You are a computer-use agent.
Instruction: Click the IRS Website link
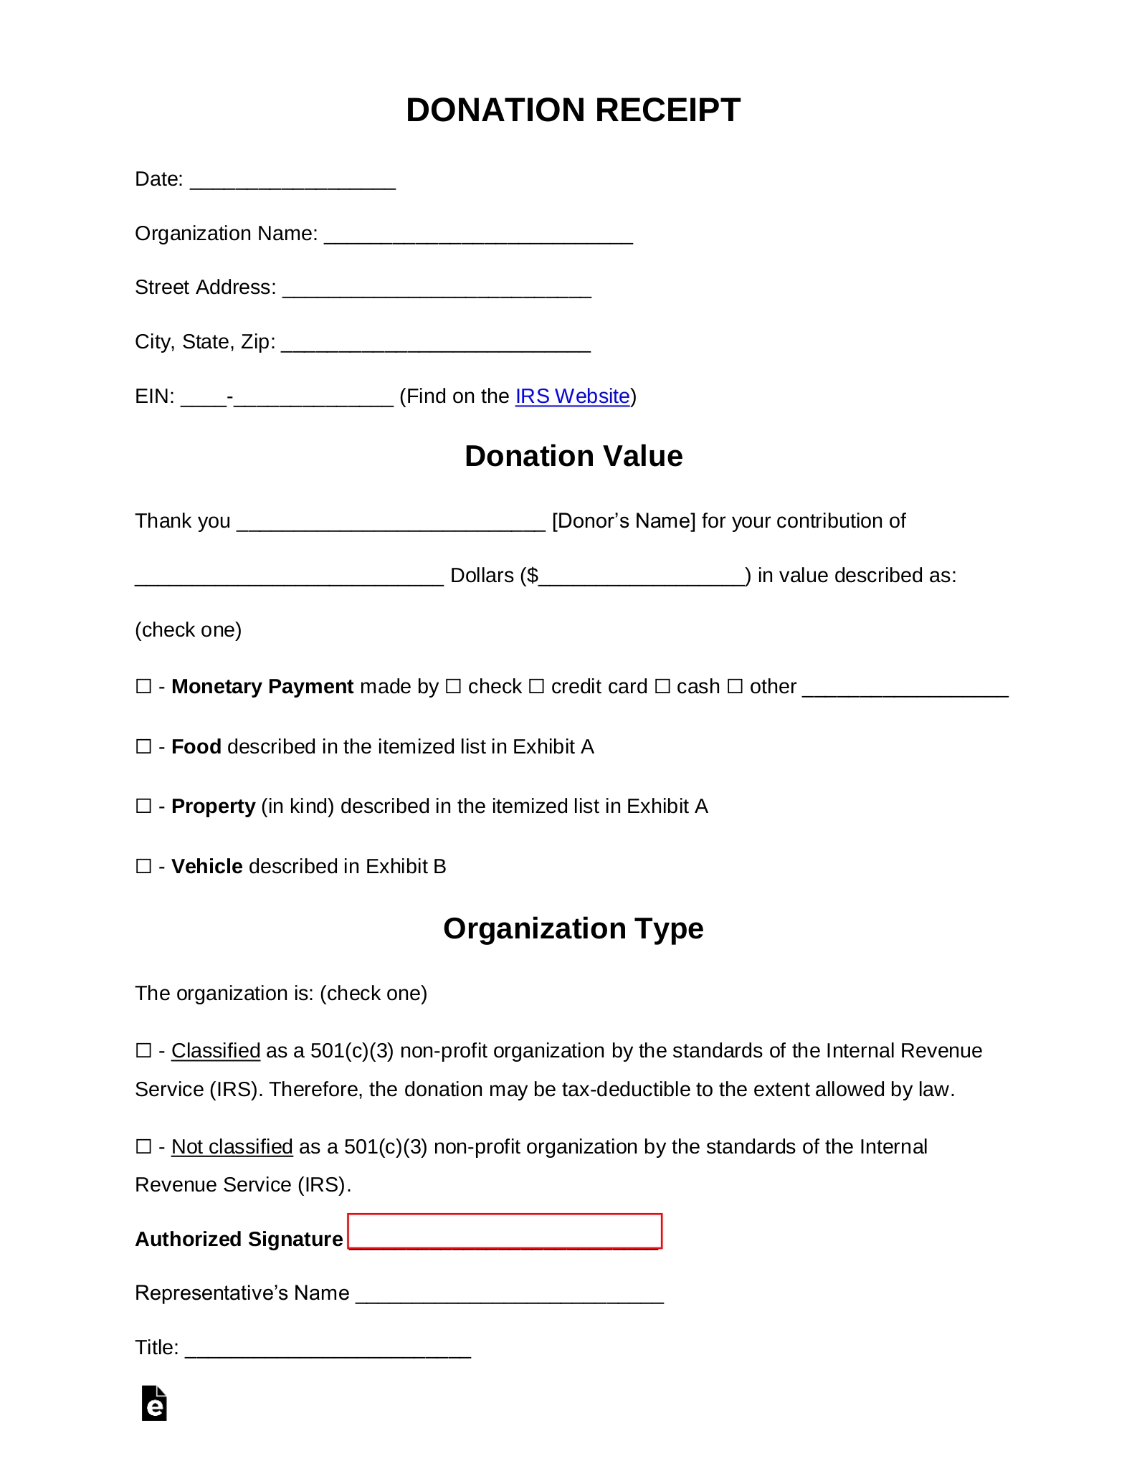coord(572,396)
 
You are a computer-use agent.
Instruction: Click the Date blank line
coord(292,181)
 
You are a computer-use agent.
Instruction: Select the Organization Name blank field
coord(478,235)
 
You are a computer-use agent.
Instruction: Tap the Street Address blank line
coord(437,289)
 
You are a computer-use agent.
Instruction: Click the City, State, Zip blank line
coord(436,343)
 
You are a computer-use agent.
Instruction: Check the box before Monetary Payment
coord(143,687)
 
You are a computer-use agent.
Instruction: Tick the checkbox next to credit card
coord(536,687)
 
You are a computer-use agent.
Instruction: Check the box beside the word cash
coord(662,687)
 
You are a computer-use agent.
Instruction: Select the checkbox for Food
coord(143,747)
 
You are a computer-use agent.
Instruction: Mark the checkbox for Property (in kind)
coord(143,807)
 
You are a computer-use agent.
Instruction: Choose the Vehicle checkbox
coord(143,867)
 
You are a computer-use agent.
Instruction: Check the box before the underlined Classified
coord(143,1051)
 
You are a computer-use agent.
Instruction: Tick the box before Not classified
coord(143,1147)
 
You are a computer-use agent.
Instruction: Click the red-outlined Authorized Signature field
coord(504,1232)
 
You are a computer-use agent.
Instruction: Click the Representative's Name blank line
coord(510,1295)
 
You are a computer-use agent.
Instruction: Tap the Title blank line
coord(328,1349)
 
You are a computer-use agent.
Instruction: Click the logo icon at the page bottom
coord(154,1404)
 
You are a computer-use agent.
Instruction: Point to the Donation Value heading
coord(573,457)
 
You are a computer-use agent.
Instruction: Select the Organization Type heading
coord(573,929)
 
